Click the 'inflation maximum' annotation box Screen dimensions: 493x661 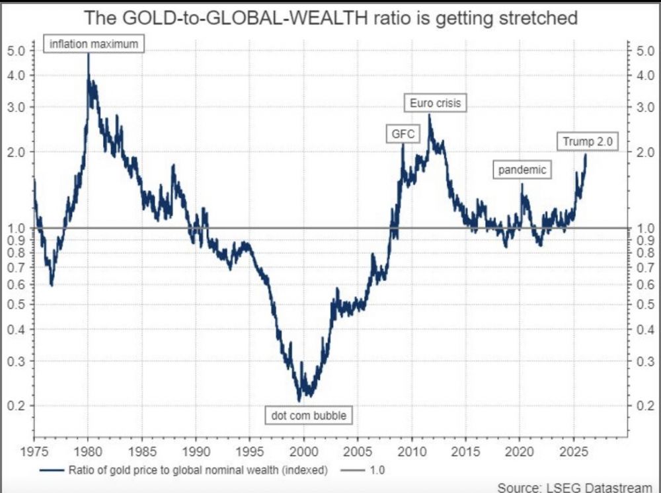(95, 44)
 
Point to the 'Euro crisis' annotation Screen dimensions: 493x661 (435, 103)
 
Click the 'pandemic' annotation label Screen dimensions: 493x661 (522, 170)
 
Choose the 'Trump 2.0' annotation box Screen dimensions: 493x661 (587, 141)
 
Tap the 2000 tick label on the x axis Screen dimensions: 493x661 (303, 453)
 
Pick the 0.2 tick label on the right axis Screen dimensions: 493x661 (642, 406)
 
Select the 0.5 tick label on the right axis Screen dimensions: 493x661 (642, 305)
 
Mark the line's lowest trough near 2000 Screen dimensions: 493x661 (299, 400)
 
